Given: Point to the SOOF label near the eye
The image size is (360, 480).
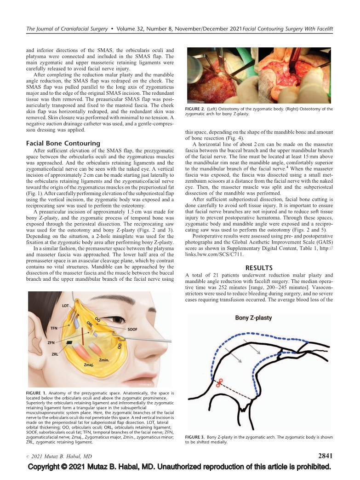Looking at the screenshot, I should tap(133, 330).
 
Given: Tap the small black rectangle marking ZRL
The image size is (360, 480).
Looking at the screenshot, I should tap(69, 343).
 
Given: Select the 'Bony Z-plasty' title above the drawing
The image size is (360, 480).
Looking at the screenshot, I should tap(254, 318).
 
